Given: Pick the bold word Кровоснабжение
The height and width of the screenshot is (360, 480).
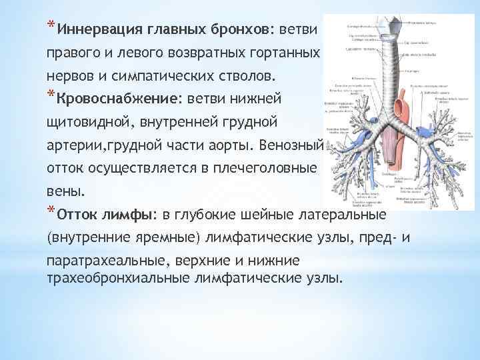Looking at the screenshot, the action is pyautogui.click(x=117, y=99).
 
